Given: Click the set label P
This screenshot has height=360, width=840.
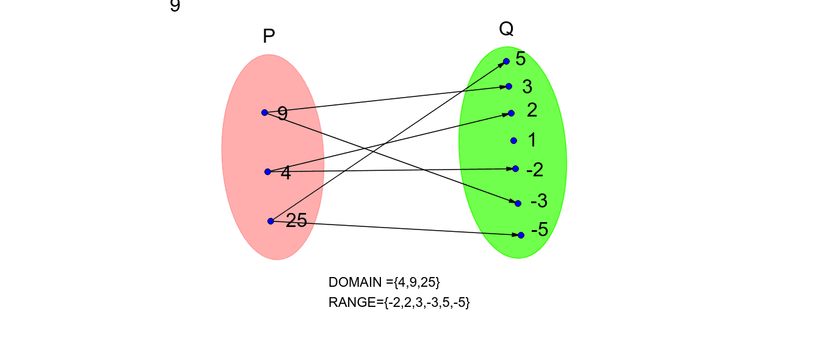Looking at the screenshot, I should (269, 37).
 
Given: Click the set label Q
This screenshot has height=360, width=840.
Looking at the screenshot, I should (506, 29).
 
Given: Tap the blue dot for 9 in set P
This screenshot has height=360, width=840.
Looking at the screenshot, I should (264, 112).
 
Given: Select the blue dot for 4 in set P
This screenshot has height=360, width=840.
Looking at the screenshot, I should (267, 171).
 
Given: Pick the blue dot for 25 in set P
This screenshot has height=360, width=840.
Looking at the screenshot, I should (270, 221).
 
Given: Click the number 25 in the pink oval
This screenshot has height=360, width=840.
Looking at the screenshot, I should (296, 221).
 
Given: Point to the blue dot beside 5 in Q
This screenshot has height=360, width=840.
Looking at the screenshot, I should (506, 61).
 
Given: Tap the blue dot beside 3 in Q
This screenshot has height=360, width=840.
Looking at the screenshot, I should (509, 86).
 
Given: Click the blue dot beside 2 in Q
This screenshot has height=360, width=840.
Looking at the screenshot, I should (511, 113).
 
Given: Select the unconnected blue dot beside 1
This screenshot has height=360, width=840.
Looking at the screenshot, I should (513, 140).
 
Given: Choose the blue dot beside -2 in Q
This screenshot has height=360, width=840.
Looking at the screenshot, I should (515, 168).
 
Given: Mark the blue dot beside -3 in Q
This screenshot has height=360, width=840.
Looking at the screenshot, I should (518, 203).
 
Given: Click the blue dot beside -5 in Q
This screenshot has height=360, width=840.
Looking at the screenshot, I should (521, 235).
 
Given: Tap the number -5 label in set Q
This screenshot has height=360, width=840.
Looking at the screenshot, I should (540, 230).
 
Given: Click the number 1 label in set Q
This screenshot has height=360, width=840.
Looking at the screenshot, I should (532, 140).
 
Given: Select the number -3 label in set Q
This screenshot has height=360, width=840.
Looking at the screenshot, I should (539, 201).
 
